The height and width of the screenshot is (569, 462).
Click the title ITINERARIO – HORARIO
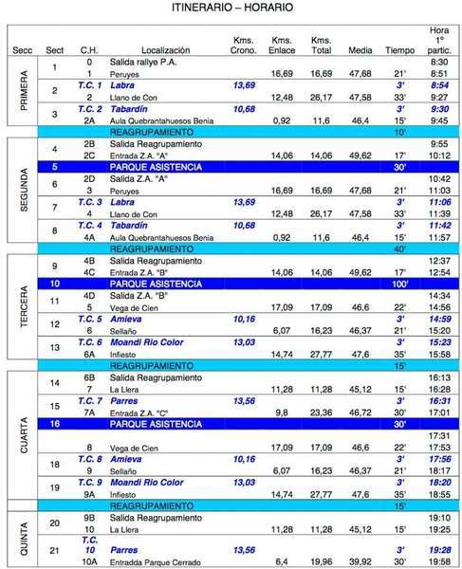pyautogui.click(x=231, y=8)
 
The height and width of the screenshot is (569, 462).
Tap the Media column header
pyautogui.click(x=360, y=49)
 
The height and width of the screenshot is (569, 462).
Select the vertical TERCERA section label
pyautogui.click(x=25, y=308)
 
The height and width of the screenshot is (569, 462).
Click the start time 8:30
pyautogui.click(x=438, y=62)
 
